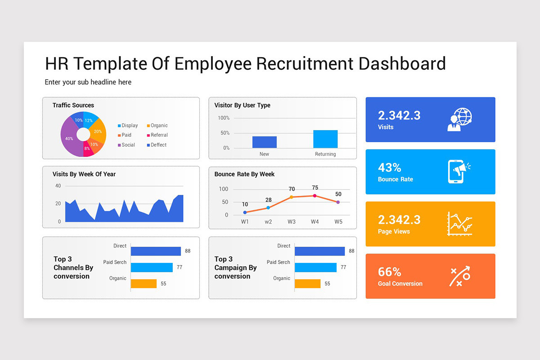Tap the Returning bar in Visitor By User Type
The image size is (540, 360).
325,139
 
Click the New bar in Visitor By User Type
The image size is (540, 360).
264,142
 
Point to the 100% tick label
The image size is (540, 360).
224,118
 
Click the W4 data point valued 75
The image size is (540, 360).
315,196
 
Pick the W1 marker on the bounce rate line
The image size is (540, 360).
245,212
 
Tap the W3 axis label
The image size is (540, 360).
292,222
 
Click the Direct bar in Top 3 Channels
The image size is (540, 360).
156,251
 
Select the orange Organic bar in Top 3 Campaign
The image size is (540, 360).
307,283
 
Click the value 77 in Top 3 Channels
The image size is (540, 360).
179,267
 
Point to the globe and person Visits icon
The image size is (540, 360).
459,119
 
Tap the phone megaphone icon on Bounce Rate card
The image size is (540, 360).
459,171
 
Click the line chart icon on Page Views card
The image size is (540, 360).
459,224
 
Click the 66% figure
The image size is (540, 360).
389,272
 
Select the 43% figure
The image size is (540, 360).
389,167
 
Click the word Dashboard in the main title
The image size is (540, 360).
402,63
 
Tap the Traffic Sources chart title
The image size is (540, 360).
73,105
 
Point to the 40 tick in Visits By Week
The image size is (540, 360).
58,186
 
